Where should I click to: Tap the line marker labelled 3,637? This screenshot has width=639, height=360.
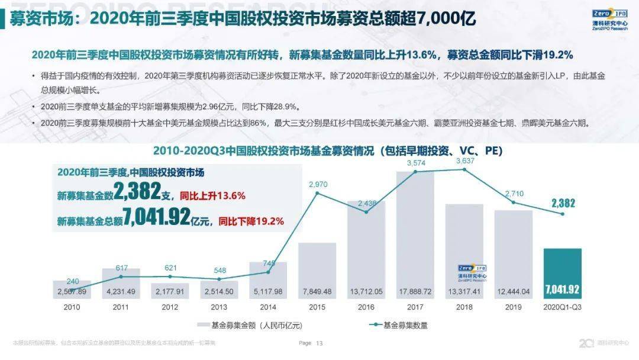(x=464, y=169)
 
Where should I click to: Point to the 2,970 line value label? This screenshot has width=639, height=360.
(x=318, y=185)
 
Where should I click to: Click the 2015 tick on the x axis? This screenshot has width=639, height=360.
(x=317, y=308)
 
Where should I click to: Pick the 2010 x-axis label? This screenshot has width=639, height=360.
(x=72, y=308)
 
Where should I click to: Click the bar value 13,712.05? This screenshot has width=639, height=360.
(x=366, y=291)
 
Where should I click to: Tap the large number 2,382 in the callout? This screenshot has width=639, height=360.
(x=137, y=191)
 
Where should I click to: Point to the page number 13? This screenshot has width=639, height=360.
(x=319, y=343)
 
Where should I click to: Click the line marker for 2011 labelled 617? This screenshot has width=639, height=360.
(x=121, y=277)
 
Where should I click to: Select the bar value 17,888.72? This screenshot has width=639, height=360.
(x=415, y=291)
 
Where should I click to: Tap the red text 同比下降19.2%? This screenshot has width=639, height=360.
(x=251, y=221)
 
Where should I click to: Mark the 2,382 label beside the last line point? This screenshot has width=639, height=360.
(x=563, y=204)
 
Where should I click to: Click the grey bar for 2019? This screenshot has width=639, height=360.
(x=513, y=249)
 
